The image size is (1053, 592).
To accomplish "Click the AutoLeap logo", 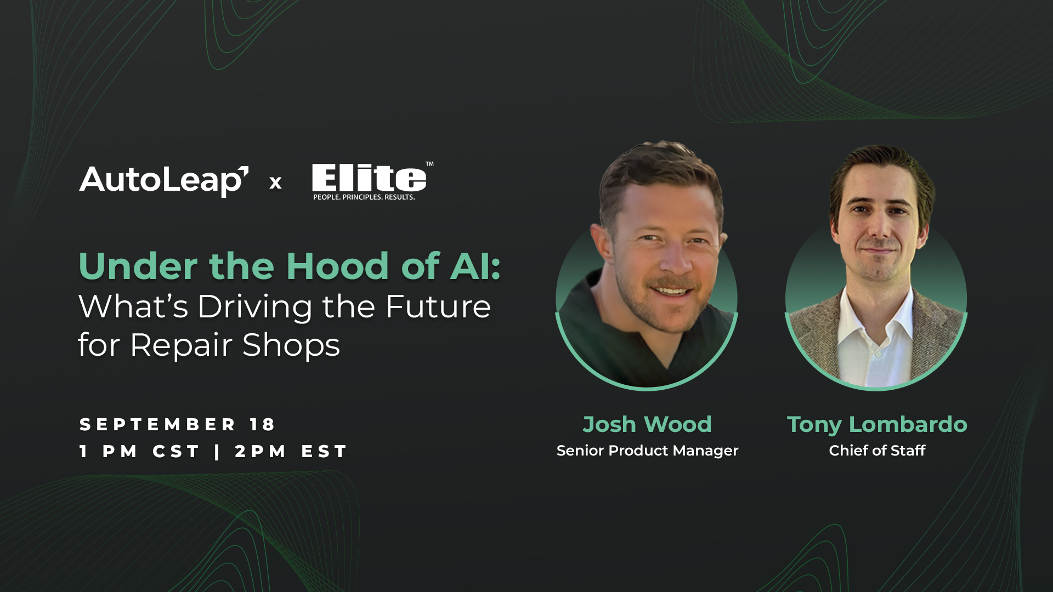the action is (x=164, y=181).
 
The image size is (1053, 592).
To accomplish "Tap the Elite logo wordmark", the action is (x=369, y=178).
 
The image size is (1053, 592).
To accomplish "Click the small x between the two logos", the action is (x=275, y=183).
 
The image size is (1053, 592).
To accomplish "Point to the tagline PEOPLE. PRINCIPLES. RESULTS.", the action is (x=364, y=197).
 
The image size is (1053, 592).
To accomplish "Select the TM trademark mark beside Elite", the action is (x=430, y=164).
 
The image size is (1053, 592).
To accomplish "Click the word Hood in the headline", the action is (x=337, y=266).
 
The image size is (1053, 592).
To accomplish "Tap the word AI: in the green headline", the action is (x=475, y=266).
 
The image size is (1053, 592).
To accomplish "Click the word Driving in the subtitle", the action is (x=255, y=308).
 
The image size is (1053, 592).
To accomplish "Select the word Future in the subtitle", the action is (x=438, y=306).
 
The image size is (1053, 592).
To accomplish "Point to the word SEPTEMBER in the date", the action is (x=157, y=424).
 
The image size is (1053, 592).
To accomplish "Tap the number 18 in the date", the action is (x=262, y=424).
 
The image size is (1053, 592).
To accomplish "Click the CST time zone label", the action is (x=176, y=451).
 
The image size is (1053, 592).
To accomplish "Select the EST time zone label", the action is (x=324, y=451).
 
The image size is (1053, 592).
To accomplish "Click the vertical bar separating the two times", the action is (x=218, y=451).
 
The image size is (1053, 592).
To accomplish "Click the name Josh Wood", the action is (x=647, y=424).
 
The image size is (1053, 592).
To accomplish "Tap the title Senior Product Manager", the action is (x=647, y=451).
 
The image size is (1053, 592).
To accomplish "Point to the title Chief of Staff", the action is (x=877, y=451).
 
